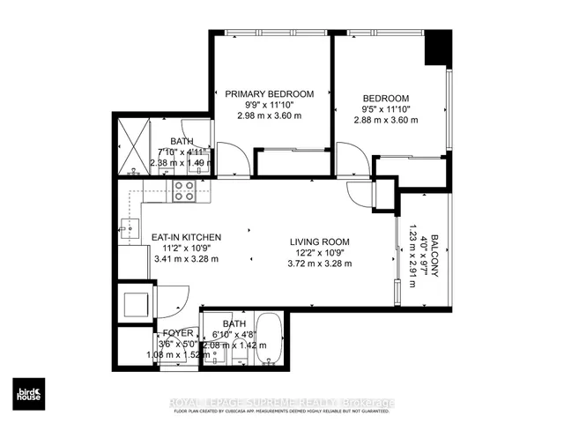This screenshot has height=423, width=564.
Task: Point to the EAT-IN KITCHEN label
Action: (x=185, y=237)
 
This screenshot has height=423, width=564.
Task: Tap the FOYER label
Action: (x=178, y=333)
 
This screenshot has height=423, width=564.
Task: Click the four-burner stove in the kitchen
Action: (x=184, y=190)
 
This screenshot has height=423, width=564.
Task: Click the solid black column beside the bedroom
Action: (x=436, y=51)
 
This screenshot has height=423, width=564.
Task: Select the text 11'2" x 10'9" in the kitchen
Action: (x=185, y=249)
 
